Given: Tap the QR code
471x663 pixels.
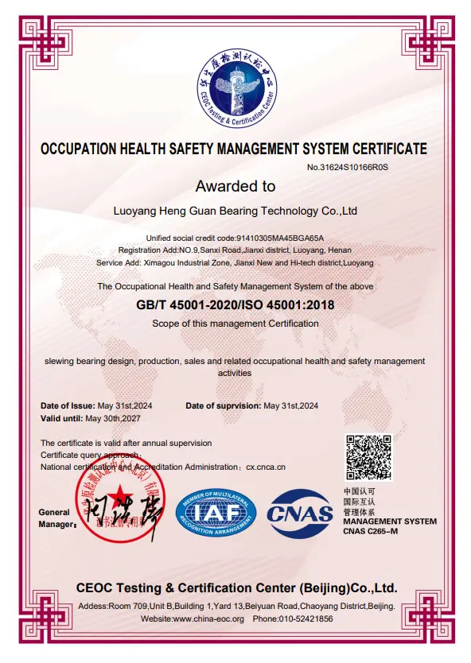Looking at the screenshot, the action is point(368,456).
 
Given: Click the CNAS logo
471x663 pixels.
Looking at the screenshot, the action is point(300,513).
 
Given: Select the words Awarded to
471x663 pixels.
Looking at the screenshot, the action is point(235,187).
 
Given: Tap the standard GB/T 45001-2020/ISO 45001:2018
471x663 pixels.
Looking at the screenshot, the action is point(235,305).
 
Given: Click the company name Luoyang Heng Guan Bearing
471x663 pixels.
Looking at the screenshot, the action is point(235,211).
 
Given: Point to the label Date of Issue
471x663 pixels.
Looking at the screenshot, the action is point(67,405).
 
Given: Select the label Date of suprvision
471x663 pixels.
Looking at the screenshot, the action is point(223,405).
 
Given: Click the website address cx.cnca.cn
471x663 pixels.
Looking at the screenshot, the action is point(266,467).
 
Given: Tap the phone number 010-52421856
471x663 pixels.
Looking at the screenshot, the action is point(305,618).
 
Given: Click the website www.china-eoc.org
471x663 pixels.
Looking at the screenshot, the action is point(208,618).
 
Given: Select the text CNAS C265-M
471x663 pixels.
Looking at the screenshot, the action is point(371,530).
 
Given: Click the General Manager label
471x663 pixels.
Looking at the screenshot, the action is point(55,518).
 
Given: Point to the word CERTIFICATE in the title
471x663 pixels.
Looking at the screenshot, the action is point(380,149).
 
